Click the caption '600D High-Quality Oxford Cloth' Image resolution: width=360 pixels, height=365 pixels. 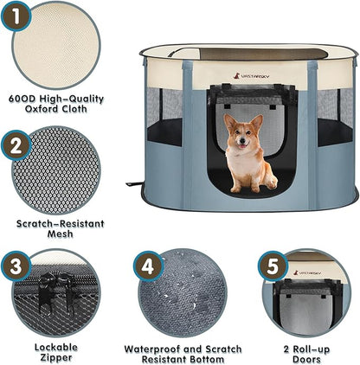tap(55, 104)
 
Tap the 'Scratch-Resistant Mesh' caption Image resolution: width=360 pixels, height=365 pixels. tap(55, 227)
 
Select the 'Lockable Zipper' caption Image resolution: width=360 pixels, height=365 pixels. tap(55, 351)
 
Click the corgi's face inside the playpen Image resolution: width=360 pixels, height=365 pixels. tap(243, 134)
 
